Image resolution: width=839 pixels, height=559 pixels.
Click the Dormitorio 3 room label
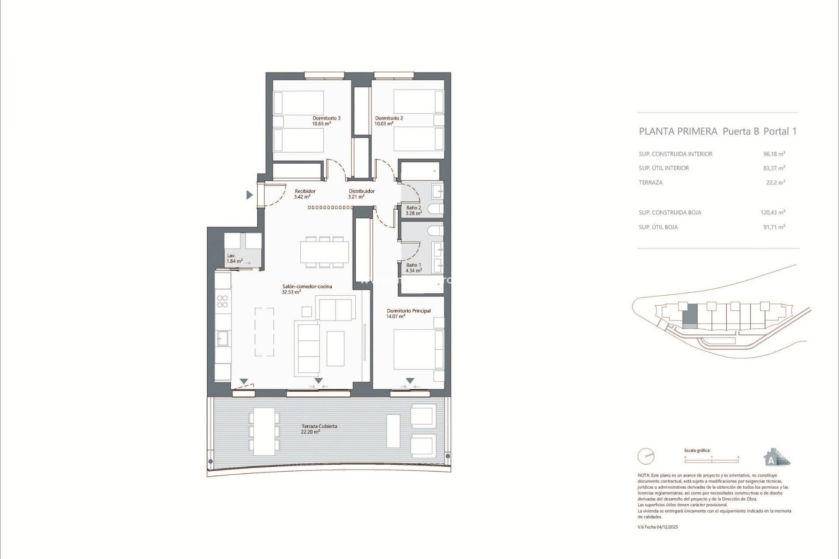pyautogui.click(x=326, y=118)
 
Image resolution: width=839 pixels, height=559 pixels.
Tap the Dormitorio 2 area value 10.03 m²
pyautogui.click(x=384, y=124)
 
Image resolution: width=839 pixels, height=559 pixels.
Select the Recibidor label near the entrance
pyautogui.click(x=305, y=191)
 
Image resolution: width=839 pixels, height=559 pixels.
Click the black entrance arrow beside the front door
pyautogui.click(x=250, y=195)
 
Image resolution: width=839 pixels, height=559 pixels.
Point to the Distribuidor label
pyautogui.click(x=361, y=191)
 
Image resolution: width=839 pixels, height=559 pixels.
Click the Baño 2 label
pyautogui.click(x=413, y=207)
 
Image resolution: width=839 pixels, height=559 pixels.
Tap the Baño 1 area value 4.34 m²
pyautogui.click(x=413, y=271)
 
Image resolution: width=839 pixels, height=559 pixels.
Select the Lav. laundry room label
pyautogui.click(x=231, y=255)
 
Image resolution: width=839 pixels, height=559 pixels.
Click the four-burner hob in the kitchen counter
pyautogui.click(x=222, y=301)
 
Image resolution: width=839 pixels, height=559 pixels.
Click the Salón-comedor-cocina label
pyautogui.click(x=307, y=286)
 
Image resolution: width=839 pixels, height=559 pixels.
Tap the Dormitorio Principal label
pyautogui.click(x=409, y=311)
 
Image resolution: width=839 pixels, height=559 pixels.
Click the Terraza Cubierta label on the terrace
pyautogui.click(x=319, y=426)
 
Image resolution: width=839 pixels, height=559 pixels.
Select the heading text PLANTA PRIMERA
pyautogui.click(x=678, y=131)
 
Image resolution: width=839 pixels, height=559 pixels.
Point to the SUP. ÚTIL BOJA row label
pyautogui.click(x=658, y=227)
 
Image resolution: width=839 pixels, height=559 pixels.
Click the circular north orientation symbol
pyautogui.click(x=646, y=457)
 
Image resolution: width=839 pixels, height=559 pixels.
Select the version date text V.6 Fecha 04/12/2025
pyautogui.click(x=658, y=527)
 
